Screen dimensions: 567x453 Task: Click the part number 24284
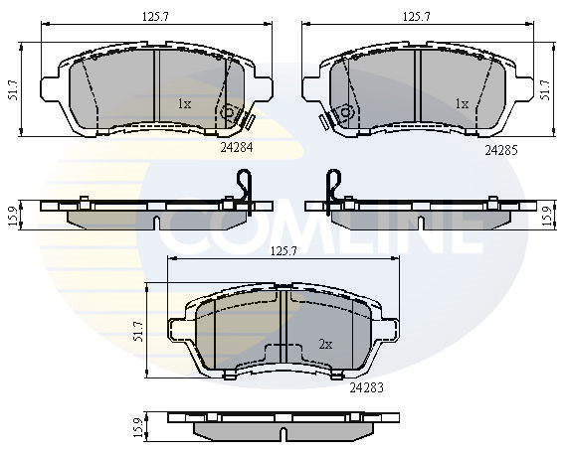pyautogui.click(x=237, y=147)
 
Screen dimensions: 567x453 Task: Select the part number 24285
pyautogui.click(x=501, y=150)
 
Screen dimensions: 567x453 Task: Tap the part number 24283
pyautogui.click(x=366, y=388)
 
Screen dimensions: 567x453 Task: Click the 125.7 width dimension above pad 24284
pyautogui.click(x=155, y=16)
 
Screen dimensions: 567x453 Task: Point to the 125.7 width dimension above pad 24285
pyautogui.click(x=417, y=16)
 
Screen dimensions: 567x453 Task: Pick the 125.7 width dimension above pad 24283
pyautogui.click(x=283, y=251)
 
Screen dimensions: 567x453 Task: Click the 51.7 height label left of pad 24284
pyautogui.click(x=13, y=90)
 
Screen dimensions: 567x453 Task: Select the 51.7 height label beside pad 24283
pyautogui.click(x=138, y=331)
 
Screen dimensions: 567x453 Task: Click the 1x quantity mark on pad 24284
pyautogui.click(x=184, y=104)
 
